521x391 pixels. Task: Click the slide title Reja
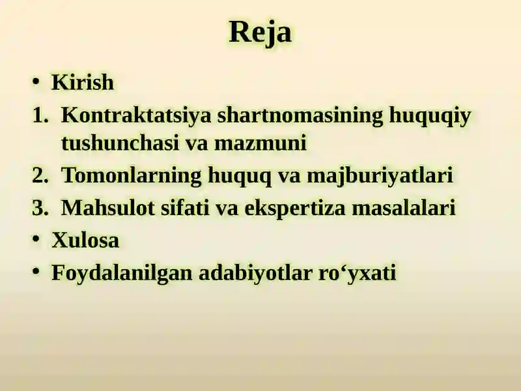pyautogui.click(x=260, y=32)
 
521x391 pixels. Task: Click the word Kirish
pyautogui.click(x=83, y=82)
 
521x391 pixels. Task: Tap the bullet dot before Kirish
pyautogui.click(x=36, y=81)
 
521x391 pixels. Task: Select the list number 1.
pyautogui.click(x=40, y=115)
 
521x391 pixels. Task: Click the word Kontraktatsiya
pyautogui.click(x=136, y=116)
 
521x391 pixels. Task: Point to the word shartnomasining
pyautogui.click(x=300, y=116)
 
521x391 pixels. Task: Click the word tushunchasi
pyautogui.click(x=120, y=143)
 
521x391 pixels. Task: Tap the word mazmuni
pyautogui.click(x=260, y=143)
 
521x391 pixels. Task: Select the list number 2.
pyautogui.click(x=40, y=175)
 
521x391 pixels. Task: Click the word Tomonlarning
pyautogui.click(x=132, y=175)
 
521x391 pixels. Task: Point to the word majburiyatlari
pyautogui.click(x=380, y=175)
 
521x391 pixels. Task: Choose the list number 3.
pyautogui.click(x=40, y=208)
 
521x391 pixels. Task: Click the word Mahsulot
pyautogui.click(x=108, y=207)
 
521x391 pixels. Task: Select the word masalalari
pyautogui.click(x=403, y=207)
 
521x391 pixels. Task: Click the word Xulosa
pyautogui.click(x=85, y=240)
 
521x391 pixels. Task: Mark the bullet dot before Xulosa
pyautogui.click(x=36, y=239)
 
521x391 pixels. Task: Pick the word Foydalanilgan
pyautogui.click(x=122, y=273)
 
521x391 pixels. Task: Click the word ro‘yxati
pyautogui.click(x=357, y=273)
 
